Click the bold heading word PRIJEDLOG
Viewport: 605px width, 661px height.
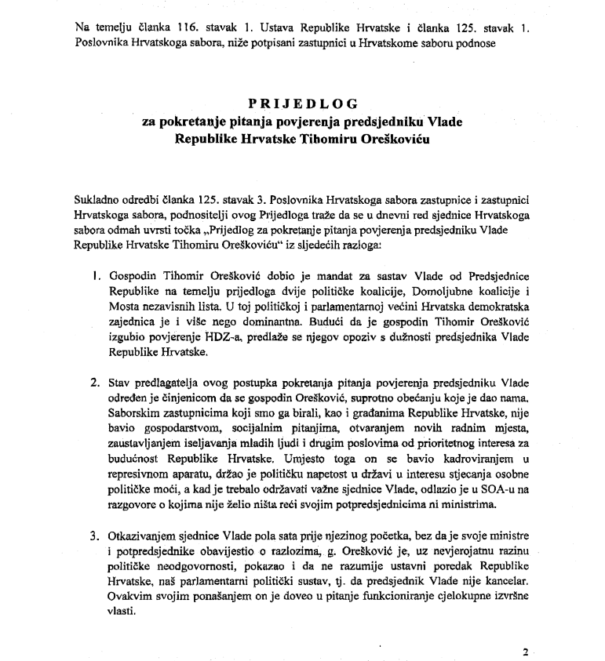tap(303, 103)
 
